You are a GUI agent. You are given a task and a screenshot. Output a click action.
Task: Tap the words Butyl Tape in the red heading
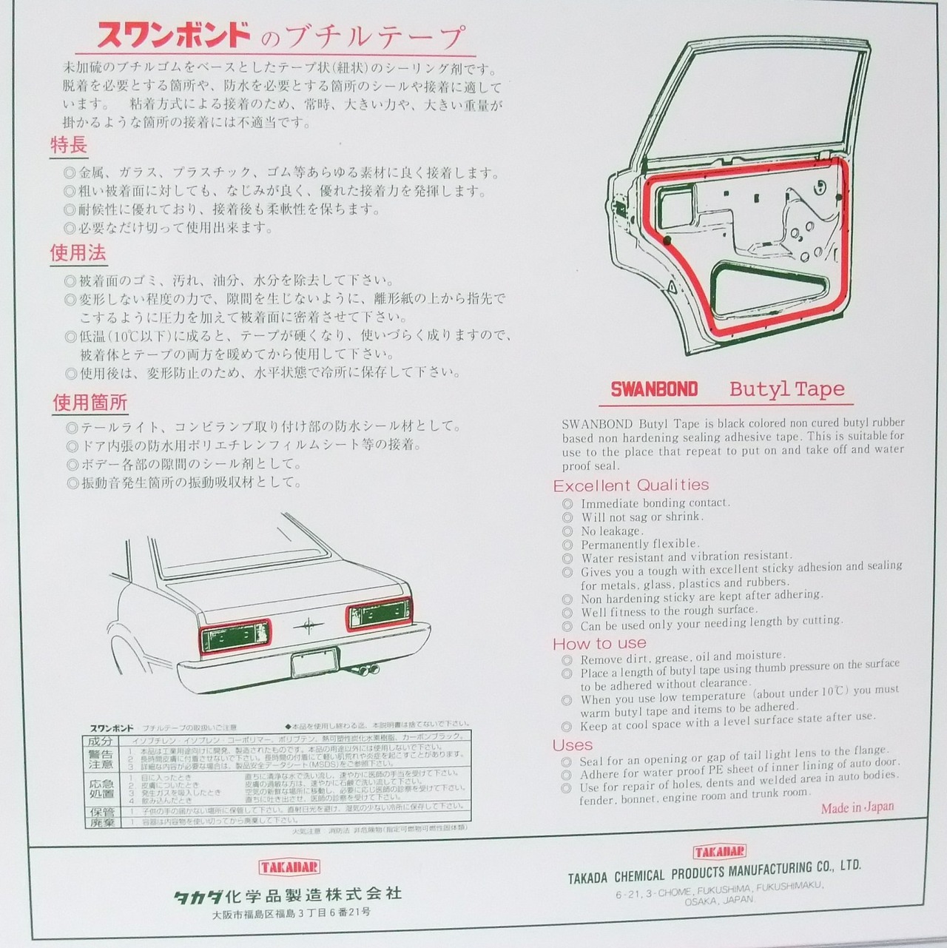pos(786,389)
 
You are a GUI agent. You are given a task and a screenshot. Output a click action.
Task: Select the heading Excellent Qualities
pos(631,485)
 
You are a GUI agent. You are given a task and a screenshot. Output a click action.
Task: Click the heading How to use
pos(599,643)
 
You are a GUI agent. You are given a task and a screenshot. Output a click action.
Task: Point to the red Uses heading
pos(573,744)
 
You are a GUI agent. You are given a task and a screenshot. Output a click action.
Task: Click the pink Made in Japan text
pos(857,807)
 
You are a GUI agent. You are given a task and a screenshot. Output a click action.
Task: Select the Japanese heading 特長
pos(69,145)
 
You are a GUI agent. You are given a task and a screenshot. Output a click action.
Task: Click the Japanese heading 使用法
pos(78,253)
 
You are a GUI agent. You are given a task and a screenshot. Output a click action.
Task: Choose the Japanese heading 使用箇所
pos(90,403)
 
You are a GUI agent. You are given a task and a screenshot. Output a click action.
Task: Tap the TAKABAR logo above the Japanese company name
pos(290,867)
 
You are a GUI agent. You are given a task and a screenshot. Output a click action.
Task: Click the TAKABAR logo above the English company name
pos(719,851)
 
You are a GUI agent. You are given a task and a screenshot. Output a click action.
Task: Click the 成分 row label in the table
pos(101,741)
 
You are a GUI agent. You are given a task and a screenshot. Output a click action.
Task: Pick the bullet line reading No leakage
pos(611,531)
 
